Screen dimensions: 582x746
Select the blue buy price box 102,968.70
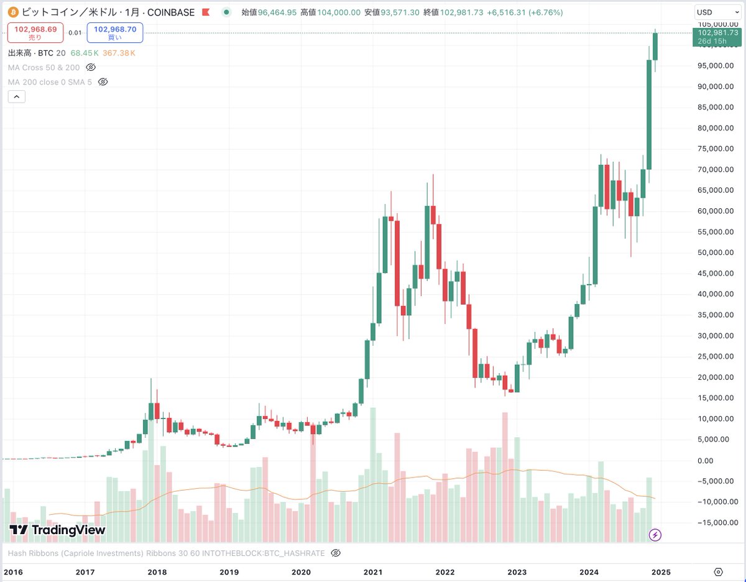[115, 32]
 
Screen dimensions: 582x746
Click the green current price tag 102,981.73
[717, 37]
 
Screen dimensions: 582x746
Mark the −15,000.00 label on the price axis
[716, 523]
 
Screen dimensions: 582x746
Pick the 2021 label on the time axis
[373, 572]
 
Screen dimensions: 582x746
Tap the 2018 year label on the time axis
[157, 572]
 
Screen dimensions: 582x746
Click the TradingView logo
[57, 530]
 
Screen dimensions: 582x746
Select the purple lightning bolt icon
[655, 535]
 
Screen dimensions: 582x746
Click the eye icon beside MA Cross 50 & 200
[91, 67]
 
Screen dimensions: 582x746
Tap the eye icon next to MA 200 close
[104, 82]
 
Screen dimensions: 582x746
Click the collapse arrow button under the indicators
[16, 96]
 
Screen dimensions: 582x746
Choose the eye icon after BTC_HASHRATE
[336, 553]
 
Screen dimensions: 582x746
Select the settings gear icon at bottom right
[719, 572]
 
